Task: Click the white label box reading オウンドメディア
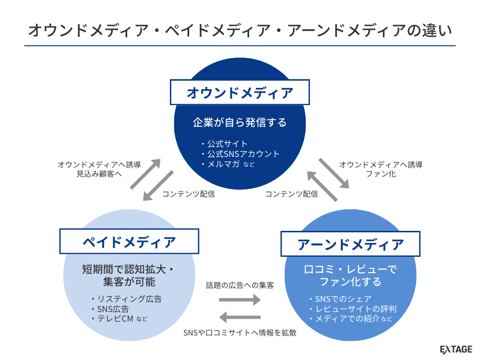click(x=240, y=92)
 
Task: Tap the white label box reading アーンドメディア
click(x=350, y=244)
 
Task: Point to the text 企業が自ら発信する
click(x=240, y=122)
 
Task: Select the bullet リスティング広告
click(x=129, y=299)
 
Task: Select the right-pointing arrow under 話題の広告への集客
click(x=240, y=300)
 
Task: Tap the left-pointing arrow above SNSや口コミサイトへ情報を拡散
click(x=240, y=317)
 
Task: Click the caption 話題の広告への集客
click(x=240, y=285)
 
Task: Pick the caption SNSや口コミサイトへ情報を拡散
click(x=240, y=332)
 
